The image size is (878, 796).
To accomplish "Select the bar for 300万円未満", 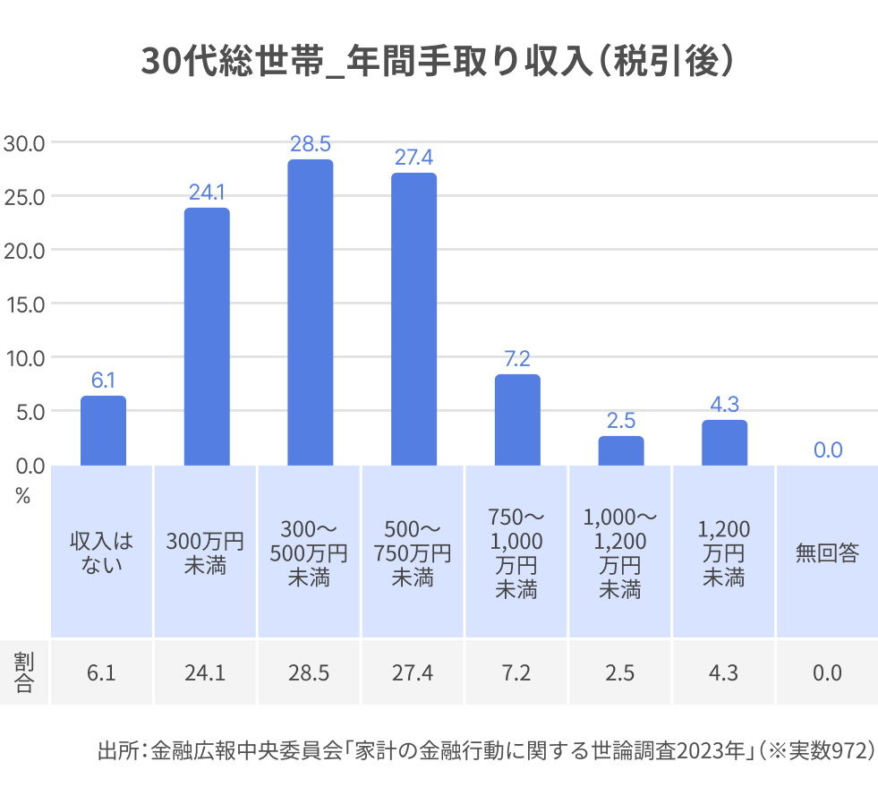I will point(207,337).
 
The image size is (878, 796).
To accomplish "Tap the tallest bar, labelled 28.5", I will point(310,312).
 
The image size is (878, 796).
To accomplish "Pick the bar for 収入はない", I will point(103,431).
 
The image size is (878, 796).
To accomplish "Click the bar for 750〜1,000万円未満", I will point(517,420).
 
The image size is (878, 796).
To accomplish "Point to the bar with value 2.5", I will point(621,450).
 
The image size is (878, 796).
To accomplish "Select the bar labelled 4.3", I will point(724,442).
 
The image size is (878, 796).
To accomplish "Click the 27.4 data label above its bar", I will point(413,158).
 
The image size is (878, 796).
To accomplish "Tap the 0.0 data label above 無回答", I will point(827,450).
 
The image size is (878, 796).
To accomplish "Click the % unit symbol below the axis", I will point(23,497).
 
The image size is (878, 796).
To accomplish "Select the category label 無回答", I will point(827,553).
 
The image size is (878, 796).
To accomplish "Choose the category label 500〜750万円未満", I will point(413,552).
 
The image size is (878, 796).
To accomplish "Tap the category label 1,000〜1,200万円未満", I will point(620,552).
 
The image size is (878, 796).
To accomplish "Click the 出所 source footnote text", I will point(484,750).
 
